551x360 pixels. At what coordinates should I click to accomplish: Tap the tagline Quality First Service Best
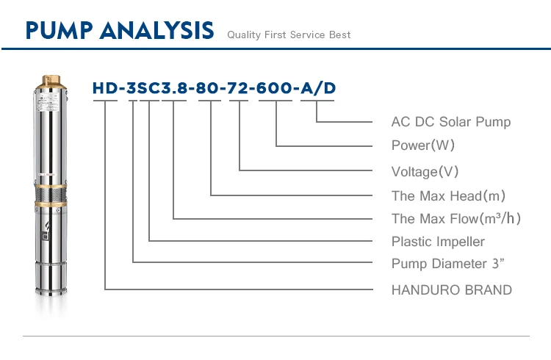pyautogui.click(x=289, y=35)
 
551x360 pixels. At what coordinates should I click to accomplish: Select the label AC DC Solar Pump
pyautogui.click(x=450, y=121)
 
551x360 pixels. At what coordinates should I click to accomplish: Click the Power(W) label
pyautogui.click(x=423, y=145)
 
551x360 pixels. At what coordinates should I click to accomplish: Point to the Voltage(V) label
pyautogui.click(x=425, y=171)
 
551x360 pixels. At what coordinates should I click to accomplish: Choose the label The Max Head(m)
pyautogui.click(x=448, y=195)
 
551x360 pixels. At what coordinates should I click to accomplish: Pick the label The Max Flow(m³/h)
pyautogui.click(x=456, y=218)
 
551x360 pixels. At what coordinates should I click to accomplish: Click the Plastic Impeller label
pyautogui.click(x=438, y=241)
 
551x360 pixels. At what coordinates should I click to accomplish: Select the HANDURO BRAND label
pyautogui.click(x=451, y=289)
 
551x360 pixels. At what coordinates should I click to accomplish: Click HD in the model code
pyautogui.click(x=104, y=89)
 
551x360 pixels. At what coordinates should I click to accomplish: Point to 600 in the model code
pyautogui.click(x=276, y=89)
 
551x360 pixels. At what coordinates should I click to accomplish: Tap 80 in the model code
pyautogui.click(x=210, y=89)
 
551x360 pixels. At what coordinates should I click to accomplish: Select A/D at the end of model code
pyautogui.click(x=317, y=89)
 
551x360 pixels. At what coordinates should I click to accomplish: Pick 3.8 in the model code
pyautogui.click(x=173, y=89)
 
